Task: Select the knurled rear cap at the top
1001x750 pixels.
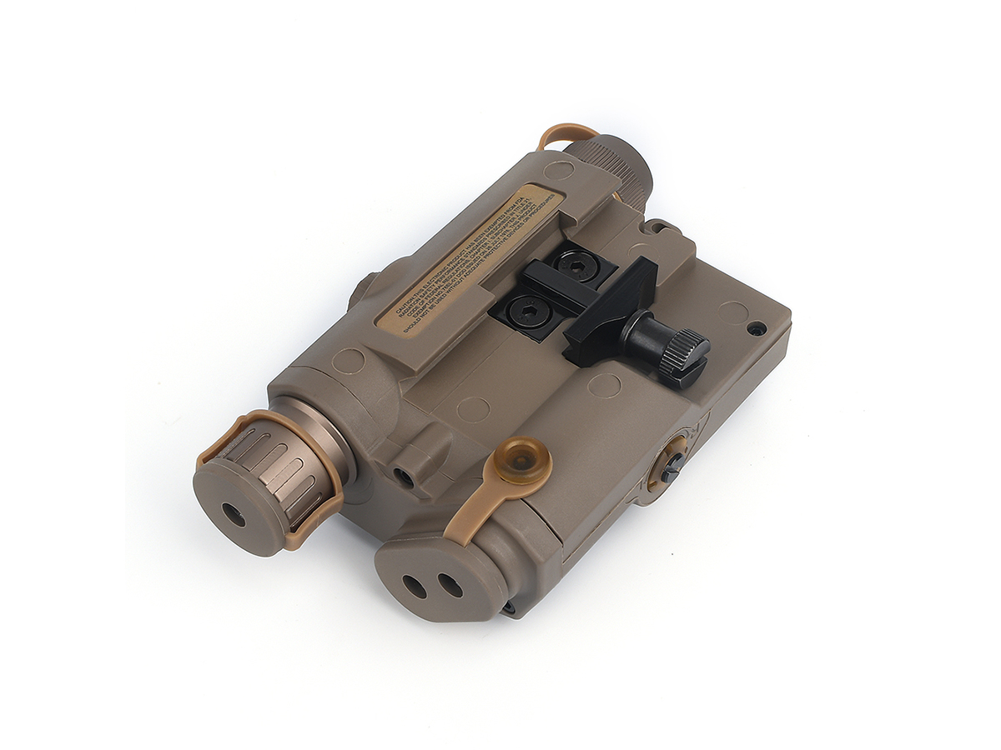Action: pos(613,167)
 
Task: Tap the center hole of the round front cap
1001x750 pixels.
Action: pos(235,516)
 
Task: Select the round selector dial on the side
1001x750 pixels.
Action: pos(672,461)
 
